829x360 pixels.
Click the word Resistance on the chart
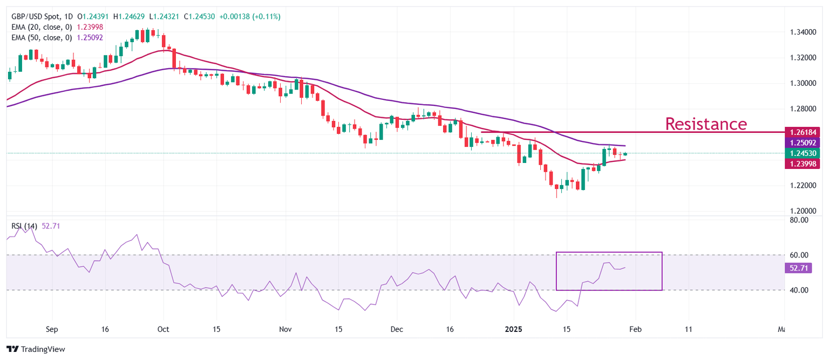click(x=705, y=124)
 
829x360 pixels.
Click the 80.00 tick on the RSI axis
click(x=799, y=220)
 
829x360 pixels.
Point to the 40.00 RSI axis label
click(x=799, y=290)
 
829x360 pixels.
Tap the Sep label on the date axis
click(x=52, y=329)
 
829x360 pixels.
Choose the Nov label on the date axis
click(x=286, y=329)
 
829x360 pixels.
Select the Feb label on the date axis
click(x=635, y=329)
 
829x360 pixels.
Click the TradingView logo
click(x=36, y=349)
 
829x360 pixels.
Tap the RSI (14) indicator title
click(x=24, y=226)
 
